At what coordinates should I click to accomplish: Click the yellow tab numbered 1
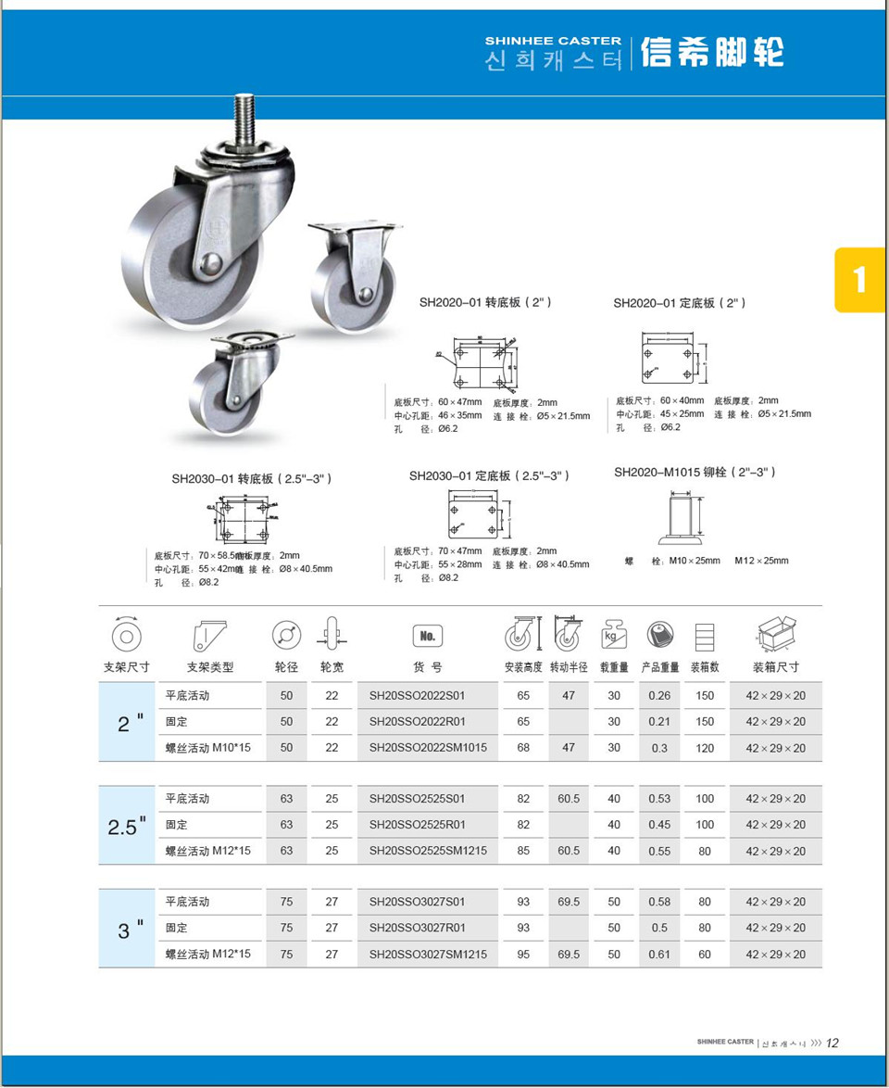859,279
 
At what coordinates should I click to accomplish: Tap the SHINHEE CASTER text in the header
553,41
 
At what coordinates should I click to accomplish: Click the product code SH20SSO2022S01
417,695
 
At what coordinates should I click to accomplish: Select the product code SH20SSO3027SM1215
428,954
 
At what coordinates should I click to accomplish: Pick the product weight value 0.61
659,954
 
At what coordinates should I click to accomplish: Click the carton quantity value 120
705,748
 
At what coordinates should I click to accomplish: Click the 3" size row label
127,930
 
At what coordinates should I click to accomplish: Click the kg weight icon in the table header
614,635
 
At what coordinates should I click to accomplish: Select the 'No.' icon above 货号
427,636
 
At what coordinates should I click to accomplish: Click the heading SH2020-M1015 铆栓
695,473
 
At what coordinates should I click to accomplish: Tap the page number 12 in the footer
832,1043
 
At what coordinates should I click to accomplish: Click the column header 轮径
286,666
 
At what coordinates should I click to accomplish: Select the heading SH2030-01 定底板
489,475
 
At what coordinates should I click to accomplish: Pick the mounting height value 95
523,954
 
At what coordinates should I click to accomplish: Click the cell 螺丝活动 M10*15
208,747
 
